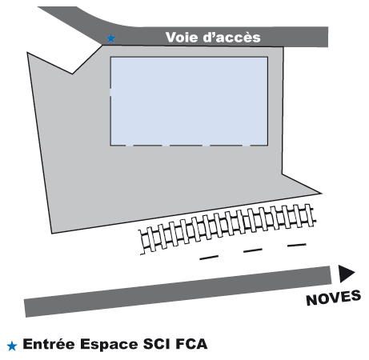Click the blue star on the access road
click(x=111, y=38)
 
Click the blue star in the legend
click(x=12, y=346)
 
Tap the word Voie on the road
click(x=182, y=37)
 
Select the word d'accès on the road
click(x=232, y=38)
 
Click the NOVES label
click(x=334, y=298)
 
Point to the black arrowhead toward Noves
click(x=347, y=274)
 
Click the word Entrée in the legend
click(x=49, y=344)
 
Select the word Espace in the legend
click(x=109, y=344)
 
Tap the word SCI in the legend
click(x=156, y=344)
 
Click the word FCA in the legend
click(x=191, y=344)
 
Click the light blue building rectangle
click(x=189, y=101)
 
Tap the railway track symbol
click(x=227, y=229)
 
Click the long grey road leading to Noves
click(x=178, y=291)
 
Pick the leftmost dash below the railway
click(x=209, y=258)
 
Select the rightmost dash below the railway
click(x=297, y=245)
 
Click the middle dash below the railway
click(x=253, y=250)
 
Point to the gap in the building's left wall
click(x=110, y=92)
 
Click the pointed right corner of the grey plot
click(x=322, y=194)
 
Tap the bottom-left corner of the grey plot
click(x=52, y=234)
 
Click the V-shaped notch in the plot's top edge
click(x=72, y=74)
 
